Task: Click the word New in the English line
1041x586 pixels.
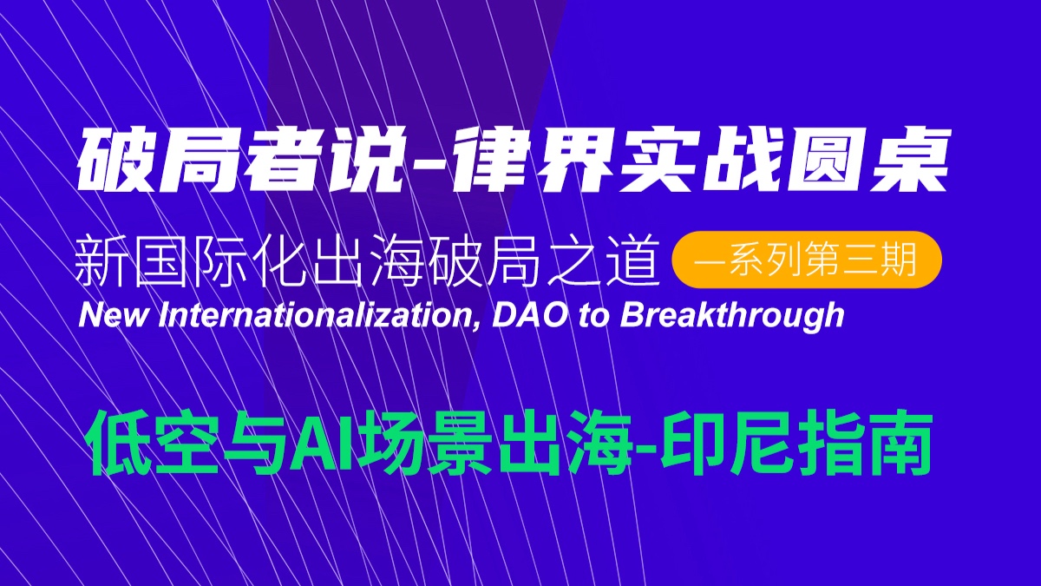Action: [x=115, y=316]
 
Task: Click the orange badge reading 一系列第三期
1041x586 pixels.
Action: [x=807, y=259]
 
